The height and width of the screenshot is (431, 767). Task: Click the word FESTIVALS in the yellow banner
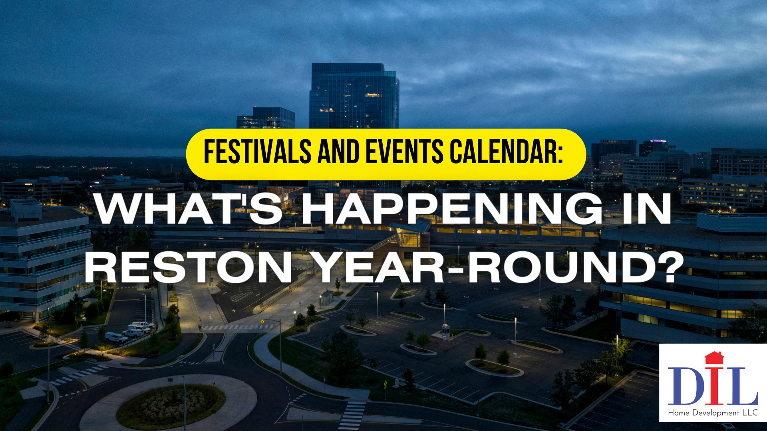[x=258, y=152]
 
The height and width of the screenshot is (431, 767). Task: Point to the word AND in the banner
[x=338, y=152]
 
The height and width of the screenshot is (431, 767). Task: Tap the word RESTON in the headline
[x=189, y=267]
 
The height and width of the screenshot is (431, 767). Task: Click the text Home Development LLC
[x=713, y=413]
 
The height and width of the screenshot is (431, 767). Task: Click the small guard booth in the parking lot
[x=445, y=331]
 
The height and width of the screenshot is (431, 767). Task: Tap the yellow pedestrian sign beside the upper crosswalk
[x=262, y=321]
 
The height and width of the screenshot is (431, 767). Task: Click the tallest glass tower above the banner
[x=354, y=96]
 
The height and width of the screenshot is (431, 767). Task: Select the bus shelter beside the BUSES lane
[x=327, y=297]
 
